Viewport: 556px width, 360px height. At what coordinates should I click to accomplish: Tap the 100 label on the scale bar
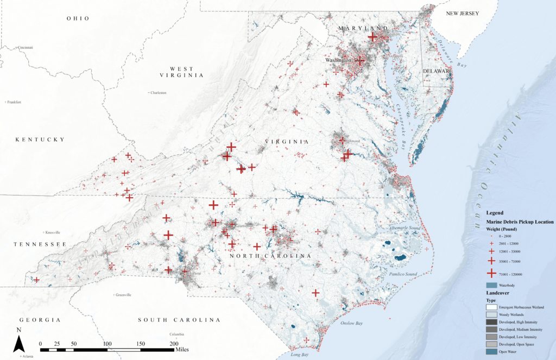pyautogui.click(x=108, y=344)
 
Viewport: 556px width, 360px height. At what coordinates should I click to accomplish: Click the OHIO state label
pyautogui.click(x=78, y=18)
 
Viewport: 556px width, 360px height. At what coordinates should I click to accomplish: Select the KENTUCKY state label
pyautogui.click(x=40, y=140)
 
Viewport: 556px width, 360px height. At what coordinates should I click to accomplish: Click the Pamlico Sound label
pyautogui.click(x=402, y=274)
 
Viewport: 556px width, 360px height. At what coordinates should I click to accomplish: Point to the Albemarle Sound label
pyautogui.click(x=402, y=228)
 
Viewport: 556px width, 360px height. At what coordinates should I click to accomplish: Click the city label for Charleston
pyautogui.click(x=159, y=93)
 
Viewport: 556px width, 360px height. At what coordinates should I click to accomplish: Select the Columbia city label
pyautogui.click(x=176, y=334)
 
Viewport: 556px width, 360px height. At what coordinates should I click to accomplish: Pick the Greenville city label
pyautogui.click(x=123, y=295)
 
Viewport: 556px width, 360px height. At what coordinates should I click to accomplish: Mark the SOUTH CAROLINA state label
pyautogui.click(x=179, y=320)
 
